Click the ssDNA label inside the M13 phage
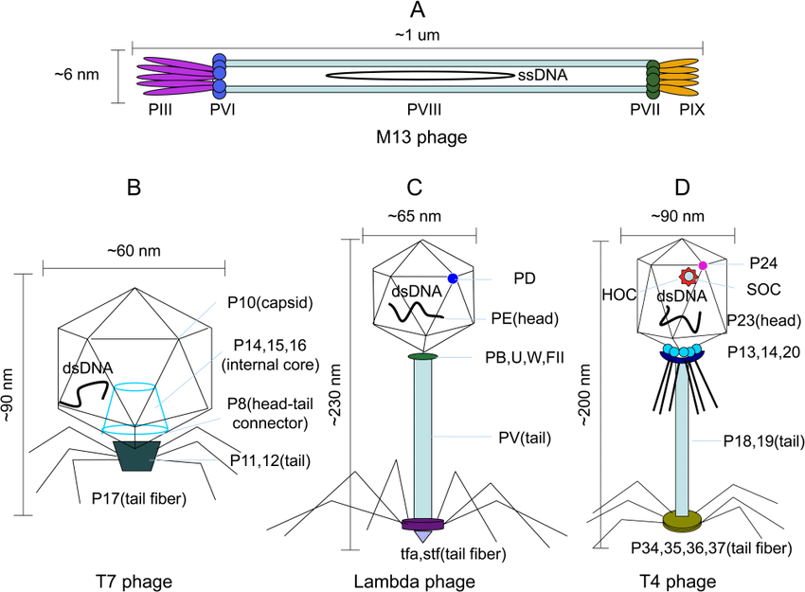click(543, 74)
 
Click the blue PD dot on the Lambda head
click(453, 278)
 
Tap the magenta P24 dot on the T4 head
click(703, 264)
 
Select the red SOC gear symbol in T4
click(689, 278)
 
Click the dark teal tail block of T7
click(139, 454)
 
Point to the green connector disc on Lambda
click(422, 356)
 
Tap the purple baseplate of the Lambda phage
click(421, 524)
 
